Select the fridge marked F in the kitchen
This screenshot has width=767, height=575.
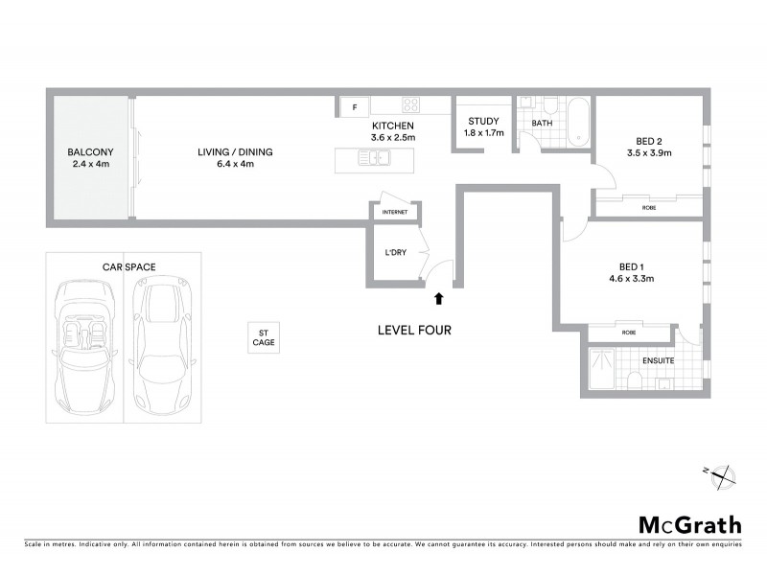click(355, 106)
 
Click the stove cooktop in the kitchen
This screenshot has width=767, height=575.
click(411, 106)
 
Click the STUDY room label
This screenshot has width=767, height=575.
click(483, 121)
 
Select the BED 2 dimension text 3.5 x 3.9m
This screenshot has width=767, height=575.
click(649, 152)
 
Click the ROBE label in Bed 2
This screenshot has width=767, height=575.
click(649, 205)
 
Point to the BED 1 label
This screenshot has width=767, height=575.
click(630, 266)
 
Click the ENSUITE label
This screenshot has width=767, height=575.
click(658, 360)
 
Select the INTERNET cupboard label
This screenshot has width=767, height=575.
click(395, 212)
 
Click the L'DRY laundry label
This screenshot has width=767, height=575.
click(395, 253)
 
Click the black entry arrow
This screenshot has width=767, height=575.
click(439, 299)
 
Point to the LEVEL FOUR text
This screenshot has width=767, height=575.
click(414, 331)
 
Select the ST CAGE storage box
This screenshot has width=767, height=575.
click(263, 336)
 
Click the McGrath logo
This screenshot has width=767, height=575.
click(690, 524)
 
